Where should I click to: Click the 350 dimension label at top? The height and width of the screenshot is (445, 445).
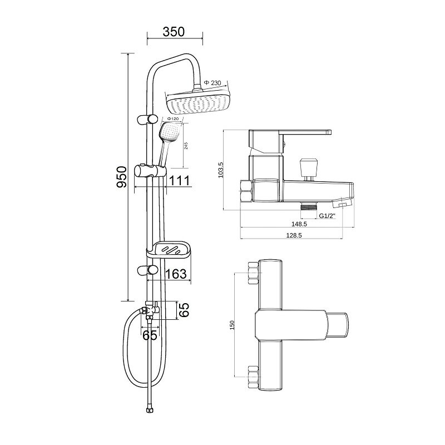pyautogui.click(x=174, y=32)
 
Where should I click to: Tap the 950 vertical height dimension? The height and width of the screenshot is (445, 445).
pyautogui.click(x=121, y=177)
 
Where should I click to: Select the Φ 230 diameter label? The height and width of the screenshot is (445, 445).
pyautogui.click(x=212, y=83)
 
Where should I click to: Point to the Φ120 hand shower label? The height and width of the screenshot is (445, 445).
pyautogui.click(x=173, y=118)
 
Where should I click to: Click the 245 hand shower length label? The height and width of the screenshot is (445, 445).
pyautogui.click(x=186, y=146)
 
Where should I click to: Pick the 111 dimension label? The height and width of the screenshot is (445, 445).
pyautogui.click(x=179, y=181)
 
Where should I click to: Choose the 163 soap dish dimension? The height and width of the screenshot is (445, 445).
pyautogui.click(x=176, y=274)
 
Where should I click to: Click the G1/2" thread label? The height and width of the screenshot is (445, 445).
pyautogui.click(x=327, y=216)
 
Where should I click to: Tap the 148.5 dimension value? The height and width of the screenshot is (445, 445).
pyautogui.click(x=299, y=224)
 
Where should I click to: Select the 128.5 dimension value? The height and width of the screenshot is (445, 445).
pyautogui.click(x=294, y=235)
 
